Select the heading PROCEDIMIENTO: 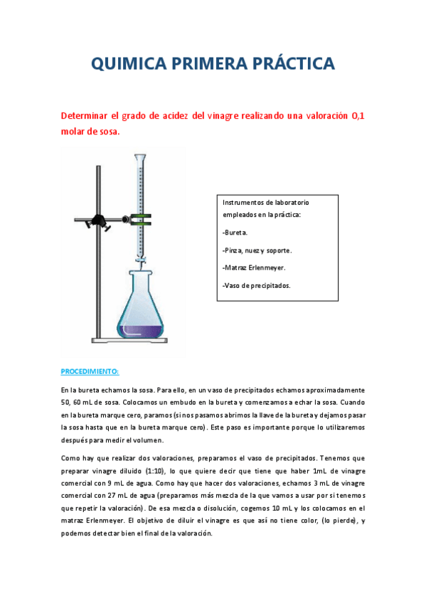coord(90,372)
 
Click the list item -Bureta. coord(235,233)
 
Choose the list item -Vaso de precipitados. coord(257,286)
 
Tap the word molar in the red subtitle coord(73,132)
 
